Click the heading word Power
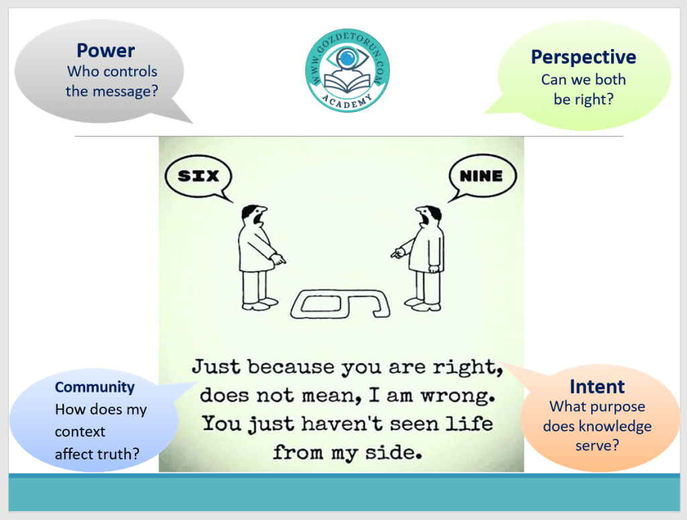(x=105, y=51)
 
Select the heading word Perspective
(x=584, y=58)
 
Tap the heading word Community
(x=95, y=387)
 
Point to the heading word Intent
(x=597, y=386)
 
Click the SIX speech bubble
(x=198, y=176)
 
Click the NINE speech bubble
(x=482, y=176)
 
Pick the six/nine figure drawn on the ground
(x=340, y=303)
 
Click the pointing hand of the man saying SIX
(x=278, y=259)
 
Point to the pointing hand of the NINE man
(x=398, y=253)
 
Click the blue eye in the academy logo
(x=347, y=58)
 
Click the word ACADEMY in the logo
(x=347, y=101)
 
